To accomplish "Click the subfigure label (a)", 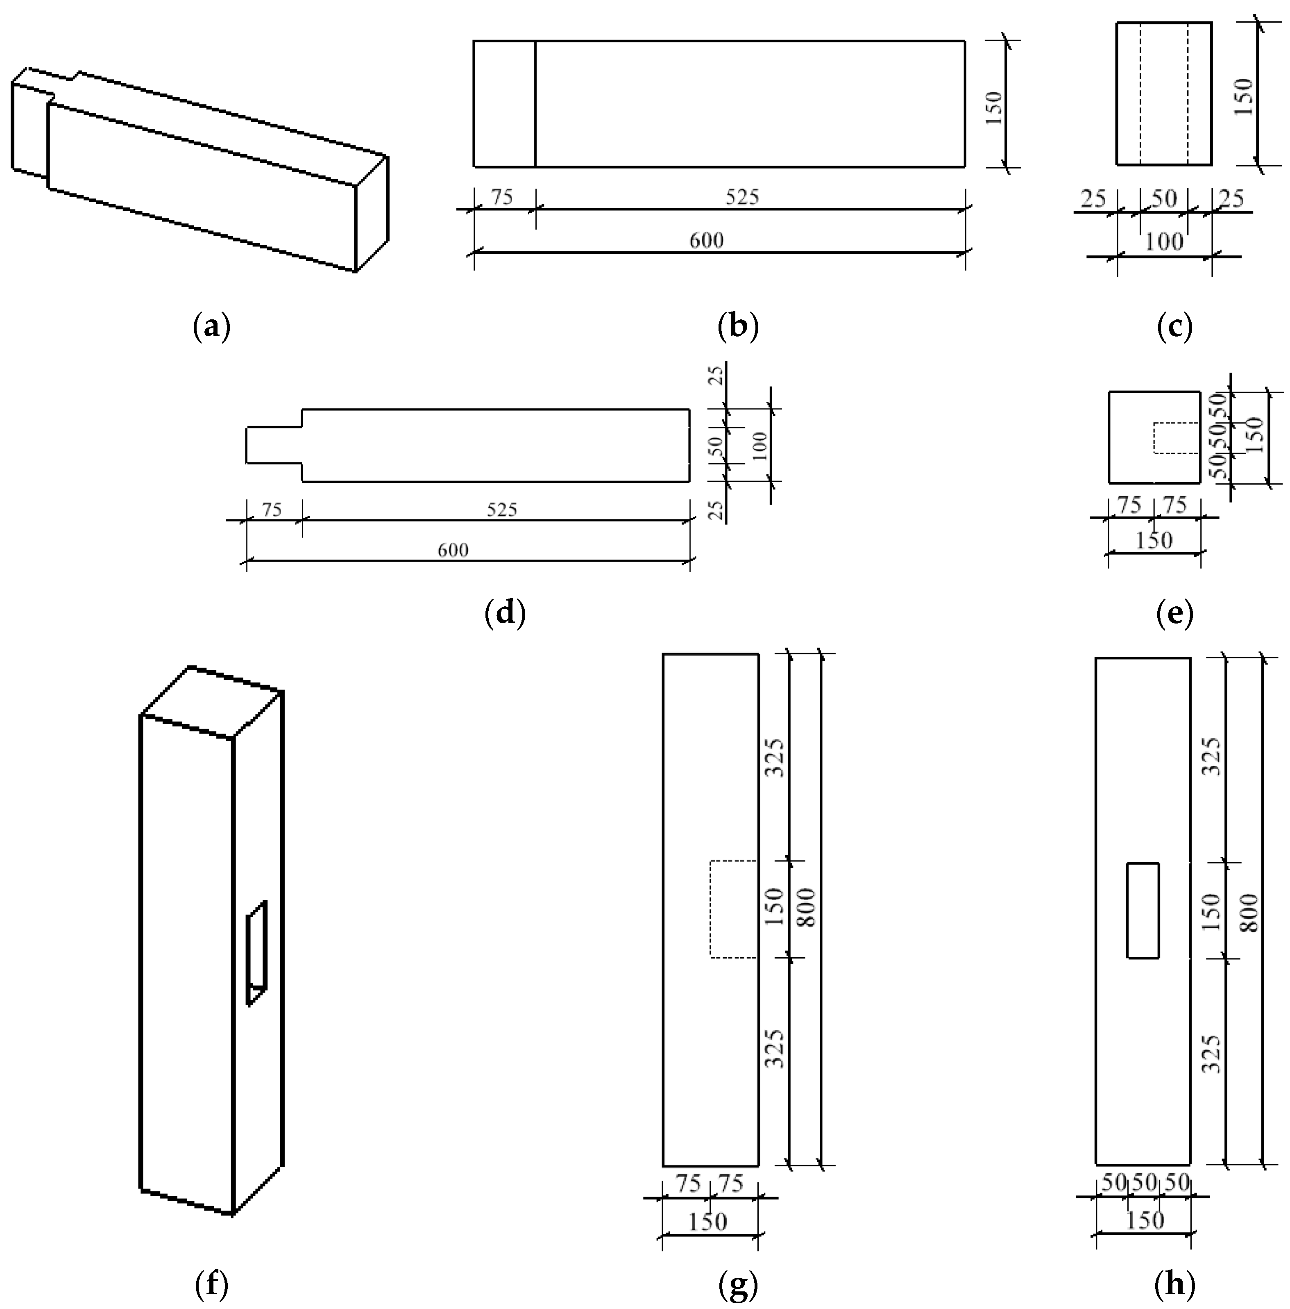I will pyautogui.click(x=212, y=327).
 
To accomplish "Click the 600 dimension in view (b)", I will pyautogui.click(x=706, y=241).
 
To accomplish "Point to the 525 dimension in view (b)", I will pyautogui.click(x=742, y=197).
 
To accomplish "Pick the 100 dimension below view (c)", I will pyautogui.click(x=1164, y=242).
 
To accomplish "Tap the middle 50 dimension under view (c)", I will pyautogui.click(x=1164, y=198).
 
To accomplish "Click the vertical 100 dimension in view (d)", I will pyautogui.click(x=760, y=445).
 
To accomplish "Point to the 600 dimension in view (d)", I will pyautogui.click(x=452, y=549).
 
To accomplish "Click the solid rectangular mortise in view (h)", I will pyautogui.click(x=1143, y=910).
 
